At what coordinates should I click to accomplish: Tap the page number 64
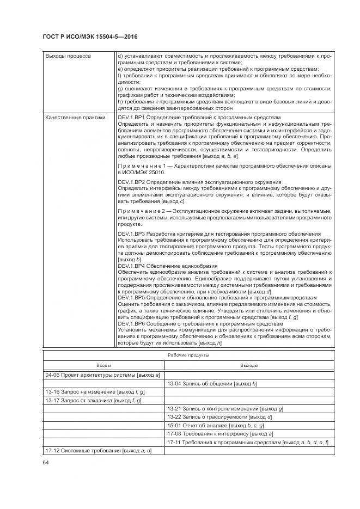[46, 462]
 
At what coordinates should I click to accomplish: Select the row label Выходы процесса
[68, 56]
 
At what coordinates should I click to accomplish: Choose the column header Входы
[103, 365]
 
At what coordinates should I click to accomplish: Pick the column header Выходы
[249, 365]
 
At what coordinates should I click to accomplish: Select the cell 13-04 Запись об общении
[212, 383]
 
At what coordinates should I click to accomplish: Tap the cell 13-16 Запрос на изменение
[95, 391]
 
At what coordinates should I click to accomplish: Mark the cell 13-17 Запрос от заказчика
[93, 400]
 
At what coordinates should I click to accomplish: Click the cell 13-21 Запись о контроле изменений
[225, 408]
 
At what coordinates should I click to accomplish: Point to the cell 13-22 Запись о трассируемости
[219, 417]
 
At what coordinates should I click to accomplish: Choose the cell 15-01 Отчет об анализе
[216, 425]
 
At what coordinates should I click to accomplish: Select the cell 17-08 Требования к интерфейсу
[220, 434]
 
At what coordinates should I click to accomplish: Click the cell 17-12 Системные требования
[98, 451]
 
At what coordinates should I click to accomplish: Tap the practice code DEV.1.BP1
[131, 117]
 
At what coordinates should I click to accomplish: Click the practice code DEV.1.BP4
[131, 266]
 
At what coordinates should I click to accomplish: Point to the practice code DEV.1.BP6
[131, 324]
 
